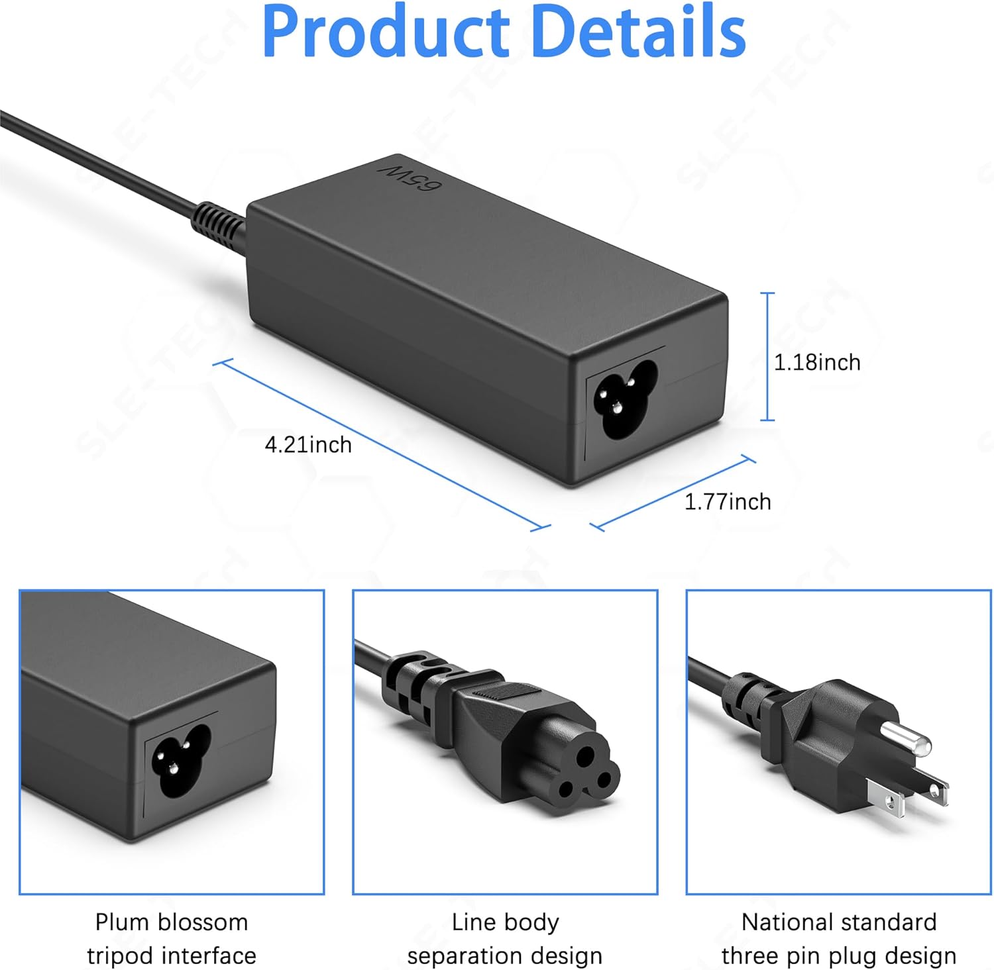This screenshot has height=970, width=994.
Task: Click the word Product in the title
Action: pos(386,32)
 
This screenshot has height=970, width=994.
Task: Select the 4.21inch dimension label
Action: pos(308,444)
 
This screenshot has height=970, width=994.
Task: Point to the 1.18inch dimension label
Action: pos(817,362)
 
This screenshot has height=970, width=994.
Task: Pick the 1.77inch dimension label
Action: pos(728,501)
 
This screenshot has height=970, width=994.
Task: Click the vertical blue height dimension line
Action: pos(767,356)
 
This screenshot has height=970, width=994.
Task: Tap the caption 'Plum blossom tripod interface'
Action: pos(172,938)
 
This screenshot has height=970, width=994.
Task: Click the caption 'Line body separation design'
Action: pos(505,938)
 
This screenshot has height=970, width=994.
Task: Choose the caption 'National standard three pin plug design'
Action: pos(839,938)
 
